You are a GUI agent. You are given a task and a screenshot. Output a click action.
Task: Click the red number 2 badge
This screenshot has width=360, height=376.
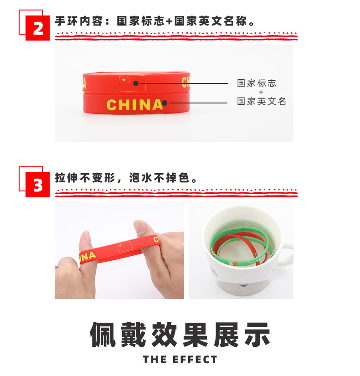point(37,28)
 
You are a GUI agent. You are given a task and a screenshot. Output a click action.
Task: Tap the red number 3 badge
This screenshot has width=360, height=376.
point(37,185)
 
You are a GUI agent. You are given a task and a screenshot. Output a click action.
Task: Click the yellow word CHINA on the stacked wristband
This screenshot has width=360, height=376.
point(135,105)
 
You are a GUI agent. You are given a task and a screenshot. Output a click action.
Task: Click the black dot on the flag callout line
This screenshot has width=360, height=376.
point(136,83)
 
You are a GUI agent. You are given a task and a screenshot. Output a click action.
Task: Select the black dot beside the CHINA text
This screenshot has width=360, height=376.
point(165,103)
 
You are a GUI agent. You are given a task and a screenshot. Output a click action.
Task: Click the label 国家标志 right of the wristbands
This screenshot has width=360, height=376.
point(257,83)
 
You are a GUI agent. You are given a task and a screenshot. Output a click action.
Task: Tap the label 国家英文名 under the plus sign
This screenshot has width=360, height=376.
point(262,102)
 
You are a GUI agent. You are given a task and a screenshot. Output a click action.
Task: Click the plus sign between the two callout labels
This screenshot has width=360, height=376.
point(261,92)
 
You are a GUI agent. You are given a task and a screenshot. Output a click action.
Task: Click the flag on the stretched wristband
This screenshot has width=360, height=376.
point(125,247)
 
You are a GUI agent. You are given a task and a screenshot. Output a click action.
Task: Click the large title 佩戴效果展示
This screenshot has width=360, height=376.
point(180,335)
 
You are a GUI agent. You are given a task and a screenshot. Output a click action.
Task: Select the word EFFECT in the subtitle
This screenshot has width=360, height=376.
point(195,360)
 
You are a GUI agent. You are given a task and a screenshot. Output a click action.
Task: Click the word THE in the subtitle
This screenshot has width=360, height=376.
point(155,360)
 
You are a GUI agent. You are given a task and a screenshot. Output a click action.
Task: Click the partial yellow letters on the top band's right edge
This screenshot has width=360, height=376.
point(185,82)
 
